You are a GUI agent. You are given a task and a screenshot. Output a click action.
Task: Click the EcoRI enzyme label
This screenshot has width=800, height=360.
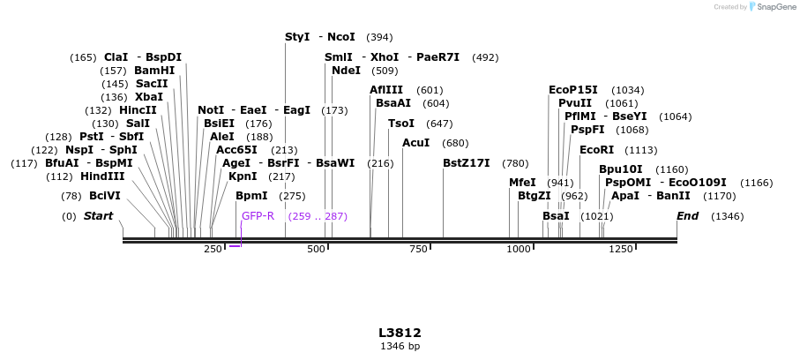click(x=595, y=150)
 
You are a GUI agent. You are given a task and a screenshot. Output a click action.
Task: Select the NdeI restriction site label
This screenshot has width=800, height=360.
click(x=346, y=71)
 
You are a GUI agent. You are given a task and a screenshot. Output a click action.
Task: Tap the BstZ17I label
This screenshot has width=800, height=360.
click(x=466, y=163)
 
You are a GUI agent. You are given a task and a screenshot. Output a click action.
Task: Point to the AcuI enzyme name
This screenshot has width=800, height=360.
click(x=416, y=143)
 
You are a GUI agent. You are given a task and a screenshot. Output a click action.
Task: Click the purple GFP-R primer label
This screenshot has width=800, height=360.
click(x=258, y=216)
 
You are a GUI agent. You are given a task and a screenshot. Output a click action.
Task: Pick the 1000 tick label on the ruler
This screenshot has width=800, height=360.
click(x=519, y=250)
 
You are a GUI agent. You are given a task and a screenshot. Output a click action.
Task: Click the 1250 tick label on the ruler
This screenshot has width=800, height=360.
click(x=621, y=250)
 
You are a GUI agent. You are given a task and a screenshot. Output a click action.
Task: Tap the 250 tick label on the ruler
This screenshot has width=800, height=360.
click(x=213, y=250)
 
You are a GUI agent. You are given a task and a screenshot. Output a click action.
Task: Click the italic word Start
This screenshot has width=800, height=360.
click(x=98, y=216)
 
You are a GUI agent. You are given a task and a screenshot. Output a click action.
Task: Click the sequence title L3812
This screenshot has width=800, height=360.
click(x=400, y=333)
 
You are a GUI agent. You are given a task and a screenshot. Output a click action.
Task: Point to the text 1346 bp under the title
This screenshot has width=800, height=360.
click(x=400, y=346)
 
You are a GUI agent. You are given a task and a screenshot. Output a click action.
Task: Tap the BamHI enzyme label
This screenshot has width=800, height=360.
click(x=154, y=71)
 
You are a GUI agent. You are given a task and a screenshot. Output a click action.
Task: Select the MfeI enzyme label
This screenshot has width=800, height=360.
click(x=522, y=183)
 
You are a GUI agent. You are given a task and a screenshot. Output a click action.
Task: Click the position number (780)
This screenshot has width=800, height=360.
click(x=515, y=163)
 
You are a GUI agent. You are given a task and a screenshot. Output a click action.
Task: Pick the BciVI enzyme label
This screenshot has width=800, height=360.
click(x=105, y=196)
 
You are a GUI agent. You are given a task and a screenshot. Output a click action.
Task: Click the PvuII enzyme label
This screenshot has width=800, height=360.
click(x=575, y=103)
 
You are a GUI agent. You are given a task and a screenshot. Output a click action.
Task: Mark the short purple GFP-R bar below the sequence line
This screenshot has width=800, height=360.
click(x=235, y=246)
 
